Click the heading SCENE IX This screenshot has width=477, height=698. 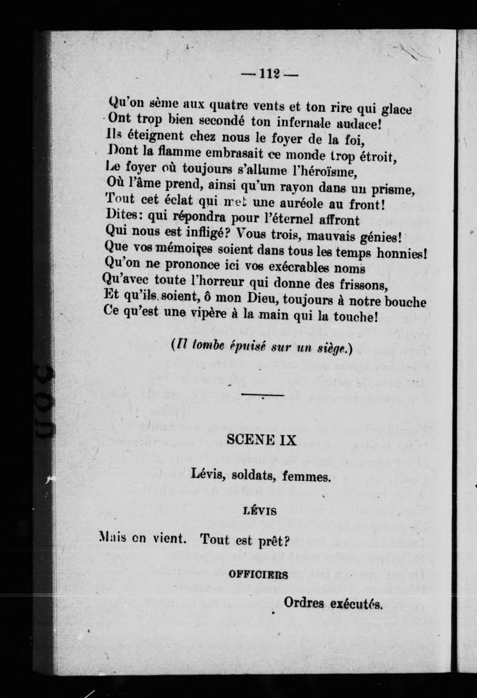point(261,440)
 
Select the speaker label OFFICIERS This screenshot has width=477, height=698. point(258,575)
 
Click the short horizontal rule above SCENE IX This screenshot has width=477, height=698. point(263,395)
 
